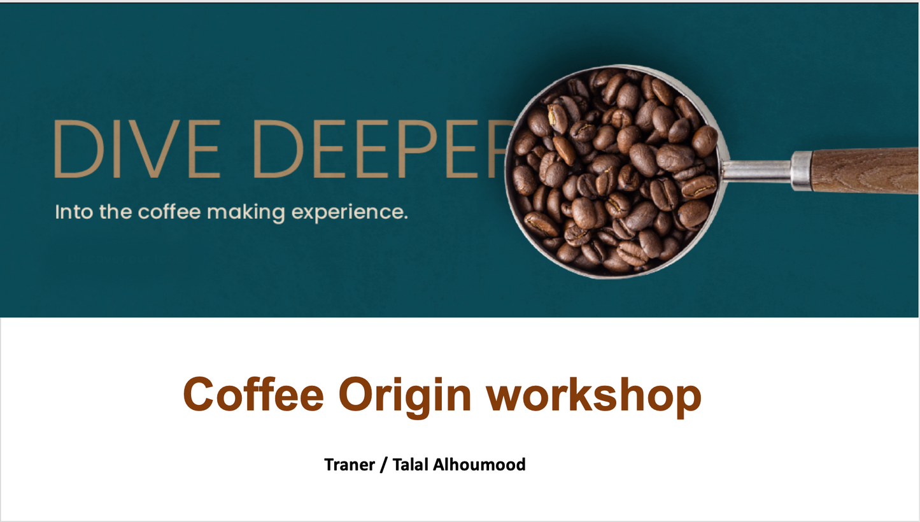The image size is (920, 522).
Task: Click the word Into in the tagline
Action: (x=74, y=211)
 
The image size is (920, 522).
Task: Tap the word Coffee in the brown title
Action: (x=253, y=393)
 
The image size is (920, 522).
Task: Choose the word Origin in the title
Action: (x=404, y=397)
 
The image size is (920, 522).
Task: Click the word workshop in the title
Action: (x=594, y=397)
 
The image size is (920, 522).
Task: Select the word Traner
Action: (x=350, y=465)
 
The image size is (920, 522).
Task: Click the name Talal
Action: (x=410, y=465)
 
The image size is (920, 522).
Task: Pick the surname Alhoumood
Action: (x=479, y=465)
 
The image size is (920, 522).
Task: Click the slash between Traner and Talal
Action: (x=384, y=465)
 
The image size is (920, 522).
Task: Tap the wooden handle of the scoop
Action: (x=865, y=170)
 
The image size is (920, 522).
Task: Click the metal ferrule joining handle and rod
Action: (x=802, y=171)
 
